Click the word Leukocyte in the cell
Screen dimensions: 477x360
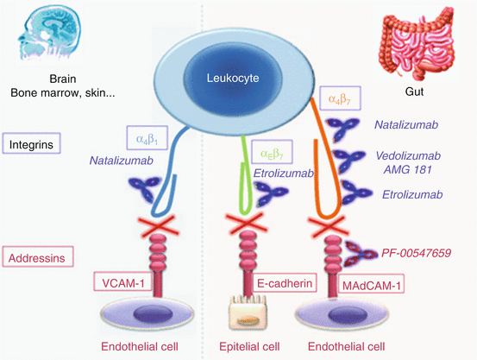233,78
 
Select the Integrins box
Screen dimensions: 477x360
31,143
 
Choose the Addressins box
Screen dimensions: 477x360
38,256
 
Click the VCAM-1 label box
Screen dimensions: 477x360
122,281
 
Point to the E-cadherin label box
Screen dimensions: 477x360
285,283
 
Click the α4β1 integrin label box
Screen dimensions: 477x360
147,137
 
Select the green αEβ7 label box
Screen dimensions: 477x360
272,152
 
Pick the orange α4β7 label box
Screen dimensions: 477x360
340,98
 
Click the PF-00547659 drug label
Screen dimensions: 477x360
416,253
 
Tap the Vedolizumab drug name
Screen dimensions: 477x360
408,155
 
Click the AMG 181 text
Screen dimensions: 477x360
408,169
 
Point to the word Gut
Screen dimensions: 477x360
414,92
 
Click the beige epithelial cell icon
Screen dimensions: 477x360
248,313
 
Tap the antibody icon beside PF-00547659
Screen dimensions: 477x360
361,254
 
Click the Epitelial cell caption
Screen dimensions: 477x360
249,346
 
